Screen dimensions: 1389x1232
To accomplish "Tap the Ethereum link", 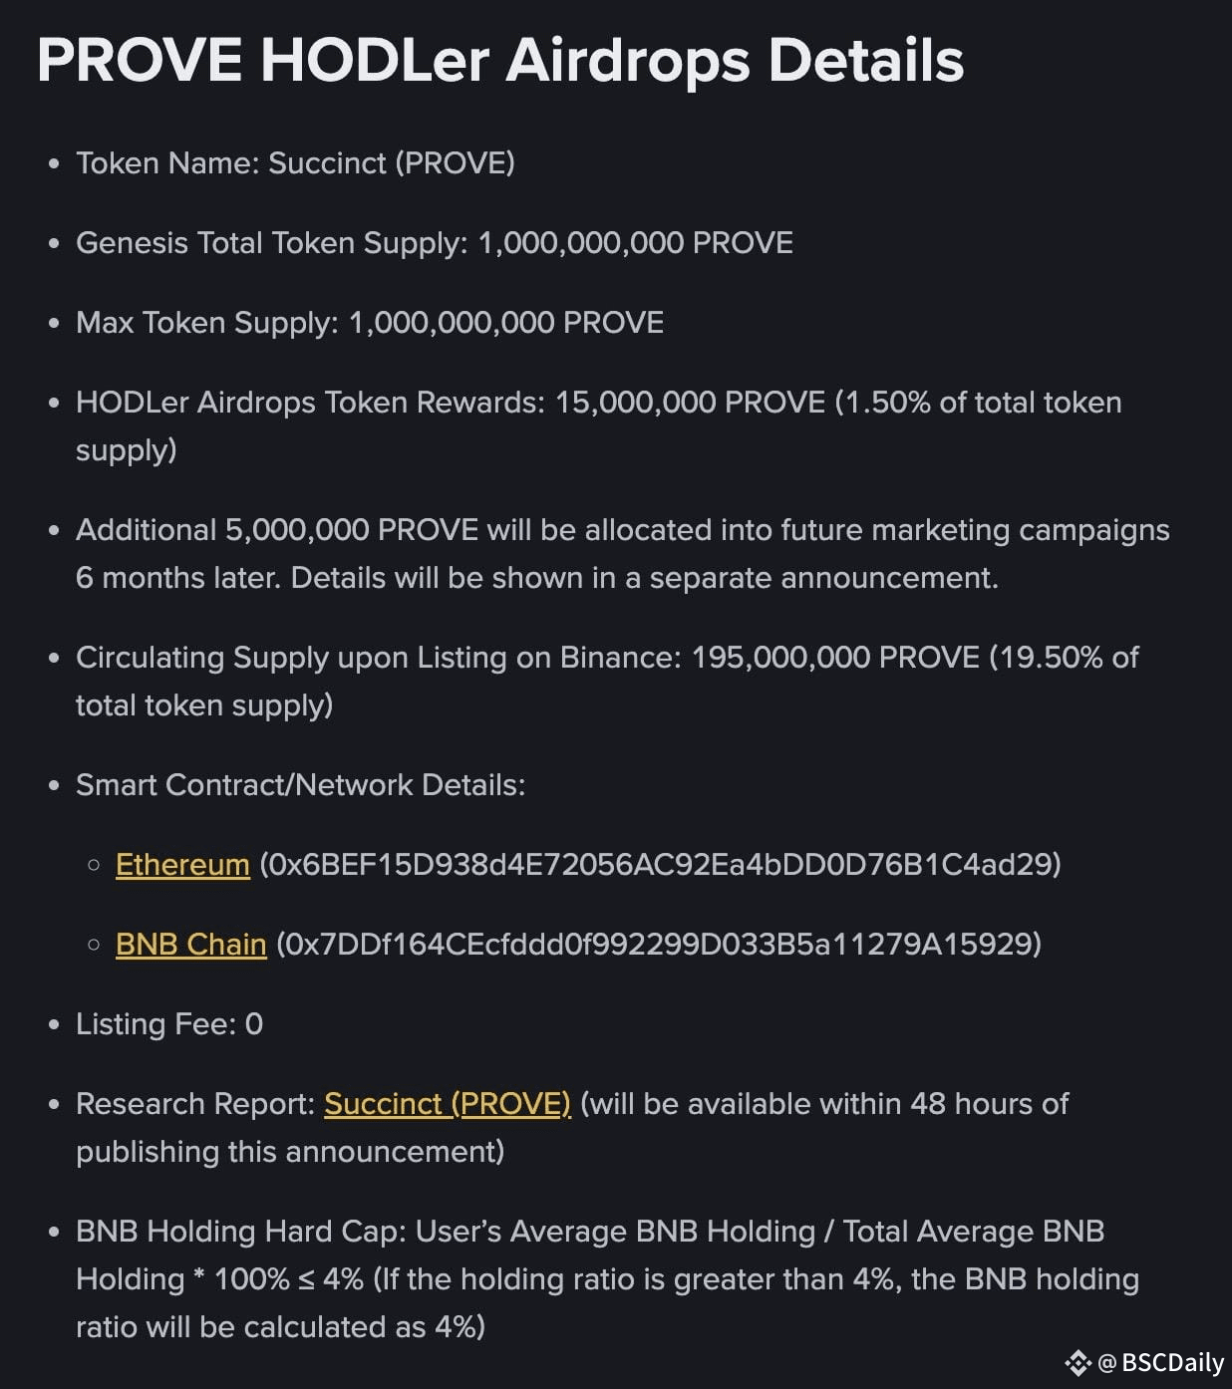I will [x=182, y=864].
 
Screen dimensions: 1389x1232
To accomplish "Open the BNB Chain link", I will [x=191, y=944].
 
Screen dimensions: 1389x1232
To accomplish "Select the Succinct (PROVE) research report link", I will [x=448, y=1103].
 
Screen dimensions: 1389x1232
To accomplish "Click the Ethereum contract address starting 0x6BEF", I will [x=660, y=864].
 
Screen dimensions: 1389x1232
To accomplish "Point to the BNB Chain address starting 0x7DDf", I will [x=659, y=944].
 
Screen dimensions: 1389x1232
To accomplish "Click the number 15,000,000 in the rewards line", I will [x=635, y=402].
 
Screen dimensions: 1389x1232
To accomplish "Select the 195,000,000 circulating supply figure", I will [x=780, y=657].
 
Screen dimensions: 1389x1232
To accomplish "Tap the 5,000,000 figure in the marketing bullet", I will [x=297, y=529].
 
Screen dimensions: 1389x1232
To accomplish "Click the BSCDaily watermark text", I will [x=1171, y=1362].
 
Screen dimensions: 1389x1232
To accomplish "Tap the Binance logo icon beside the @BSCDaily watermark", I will [x=1078, y=1362].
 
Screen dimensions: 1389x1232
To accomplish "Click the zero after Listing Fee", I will [x=254, y=1023].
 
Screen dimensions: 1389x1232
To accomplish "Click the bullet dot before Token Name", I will [x=54, y=163].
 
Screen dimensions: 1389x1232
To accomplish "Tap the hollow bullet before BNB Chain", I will [x=94, y=944].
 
